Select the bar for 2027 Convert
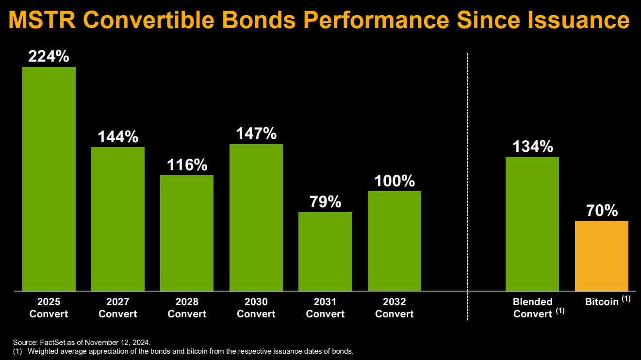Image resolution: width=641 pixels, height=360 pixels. (x=118, y=219)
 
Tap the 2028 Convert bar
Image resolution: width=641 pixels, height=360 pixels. (x=187, y=233)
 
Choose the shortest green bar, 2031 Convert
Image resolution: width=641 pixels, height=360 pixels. (x=325, y=251)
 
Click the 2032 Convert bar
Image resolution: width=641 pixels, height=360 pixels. (x=394, y=241)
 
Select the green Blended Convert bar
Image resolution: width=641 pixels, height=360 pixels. (x=532, y=224)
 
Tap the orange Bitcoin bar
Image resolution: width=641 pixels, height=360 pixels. (x=602, y=256)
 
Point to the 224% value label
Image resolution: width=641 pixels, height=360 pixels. (x=49, y=57)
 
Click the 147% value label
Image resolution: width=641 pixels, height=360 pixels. (x=256, y=133)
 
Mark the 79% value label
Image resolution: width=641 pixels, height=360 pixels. (x=325, y=202)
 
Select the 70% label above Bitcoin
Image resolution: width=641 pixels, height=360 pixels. (x=602, y=211)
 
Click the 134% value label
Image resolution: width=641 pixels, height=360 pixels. (x=532, y=147)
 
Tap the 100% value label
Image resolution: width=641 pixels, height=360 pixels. (x=394, y=181)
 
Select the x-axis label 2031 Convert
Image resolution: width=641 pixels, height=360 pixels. (x=325, y=308)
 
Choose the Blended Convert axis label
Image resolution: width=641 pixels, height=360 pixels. (x=533, y=308)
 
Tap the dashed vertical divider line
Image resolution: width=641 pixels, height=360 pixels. (x=467, y=184)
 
